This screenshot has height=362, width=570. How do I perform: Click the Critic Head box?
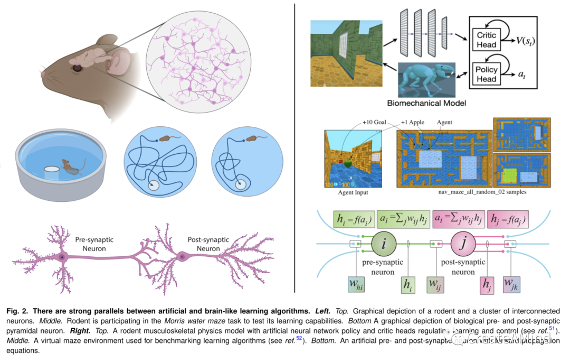click(x=486, y=39)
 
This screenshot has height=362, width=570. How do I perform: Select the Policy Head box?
click(x=486, y=73)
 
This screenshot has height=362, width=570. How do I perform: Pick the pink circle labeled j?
click(x=463, y=244)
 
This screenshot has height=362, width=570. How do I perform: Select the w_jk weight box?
click(x=512, y=286)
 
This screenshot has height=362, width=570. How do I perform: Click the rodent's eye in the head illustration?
click(x=77, y=68)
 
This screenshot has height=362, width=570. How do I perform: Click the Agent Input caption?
click(x=353, y=192)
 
